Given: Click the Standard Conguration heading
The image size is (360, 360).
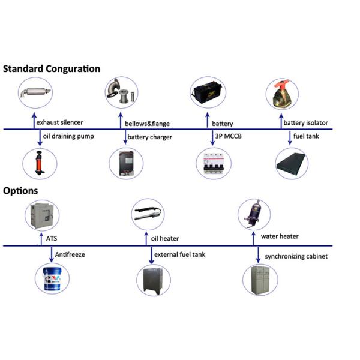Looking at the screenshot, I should [x=52, y=68].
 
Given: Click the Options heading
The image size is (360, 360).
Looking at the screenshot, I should [x=20, y=191].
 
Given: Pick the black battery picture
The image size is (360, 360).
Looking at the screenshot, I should [x=208, y=93].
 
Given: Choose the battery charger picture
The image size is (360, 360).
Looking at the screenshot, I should [x=126, y=164].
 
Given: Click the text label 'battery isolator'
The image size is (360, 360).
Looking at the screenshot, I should [x=306, y=123].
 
